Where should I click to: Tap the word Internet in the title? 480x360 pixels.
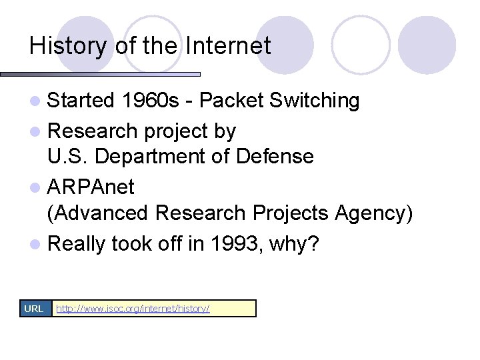[228, 46]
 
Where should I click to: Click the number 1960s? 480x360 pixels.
[151, 101]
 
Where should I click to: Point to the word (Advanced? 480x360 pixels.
[98, 214]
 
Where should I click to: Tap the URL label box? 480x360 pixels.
[34, 308]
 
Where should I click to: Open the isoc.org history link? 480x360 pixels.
[133, 309]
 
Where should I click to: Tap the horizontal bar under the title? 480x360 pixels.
[100, 74]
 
